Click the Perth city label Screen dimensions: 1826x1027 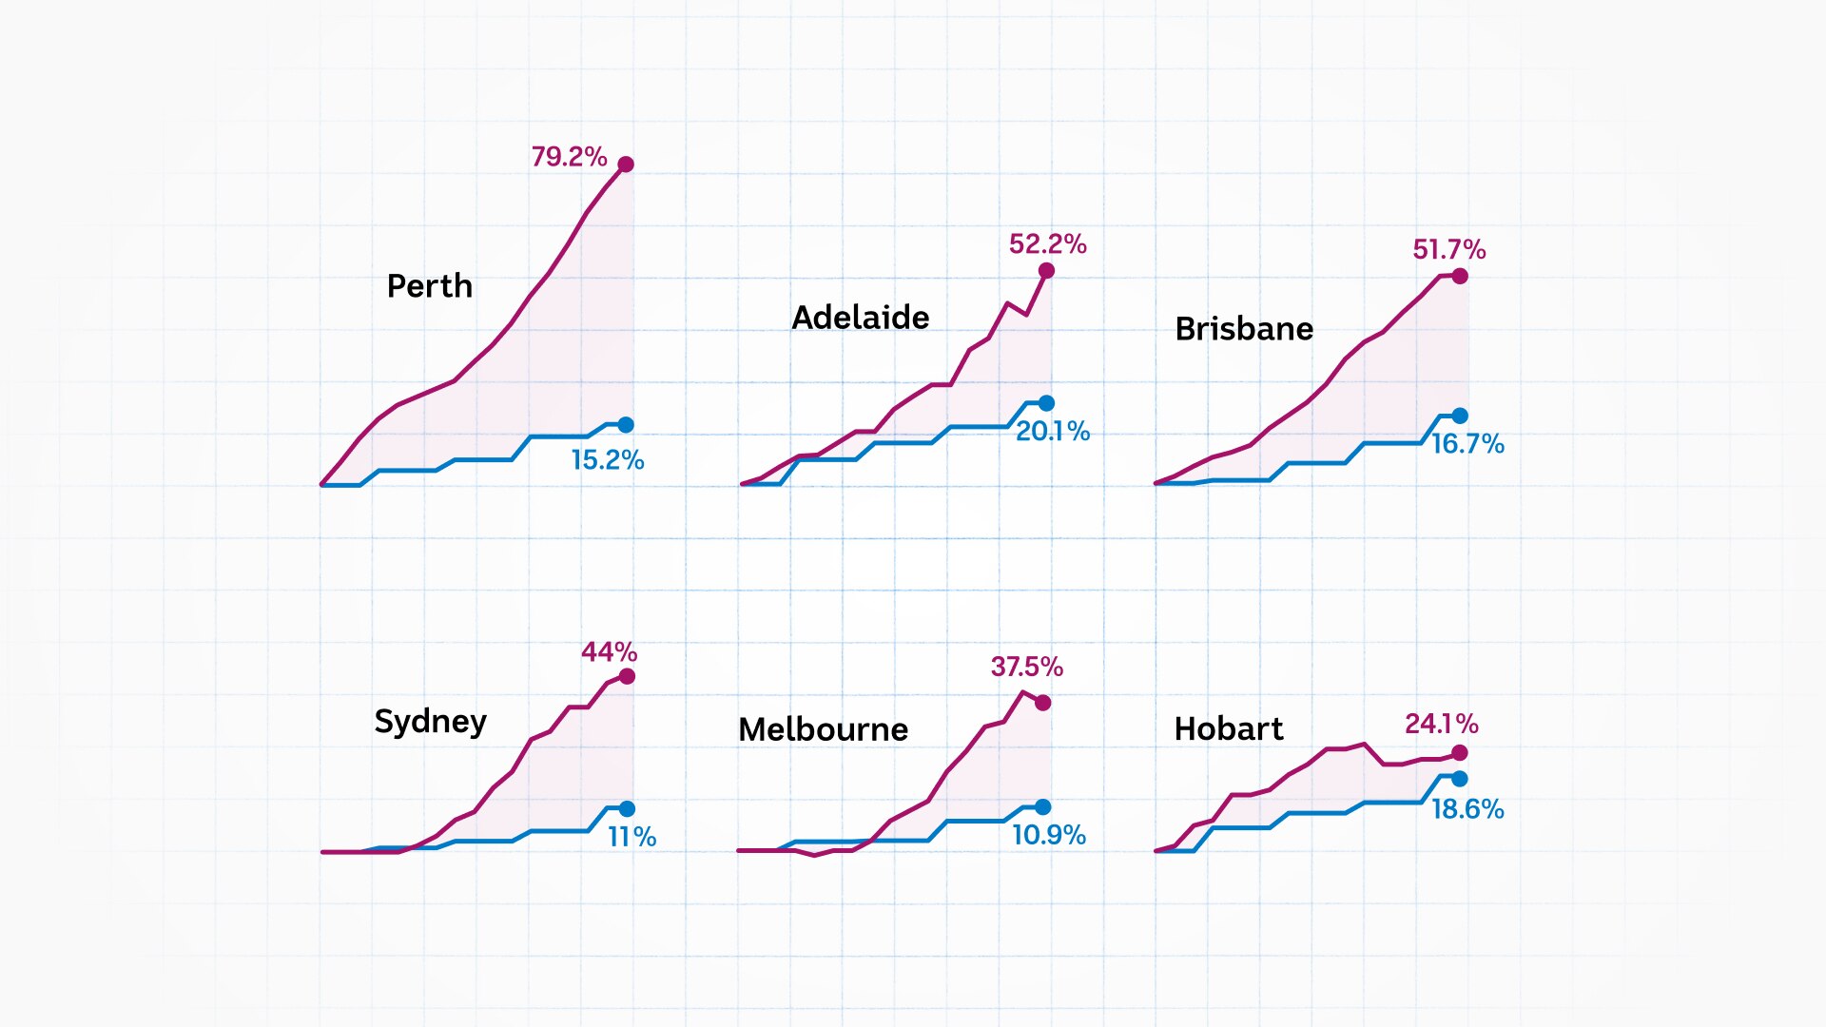coord(430,286)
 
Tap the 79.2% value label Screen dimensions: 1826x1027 coord(569,157)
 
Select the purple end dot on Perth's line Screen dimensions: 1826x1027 coord(626,165)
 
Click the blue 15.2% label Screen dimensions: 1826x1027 coord(608,460)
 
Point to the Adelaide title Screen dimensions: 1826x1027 coord(861,318)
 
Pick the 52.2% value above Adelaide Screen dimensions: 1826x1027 coord(1048,244)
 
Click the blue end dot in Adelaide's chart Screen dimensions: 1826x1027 coord(1047,403)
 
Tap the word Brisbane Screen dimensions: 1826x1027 coord(1244,329)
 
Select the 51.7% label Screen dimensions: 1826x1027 coord(1449,250)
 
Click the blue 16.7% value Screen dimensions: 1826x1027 coord(1468,444)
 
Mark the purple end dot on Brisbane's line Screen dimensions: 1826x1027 coord(1460,276)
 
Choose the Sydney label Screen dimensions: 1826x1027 coord(431,722)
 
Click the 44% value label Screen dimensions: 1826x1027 coord(610,652)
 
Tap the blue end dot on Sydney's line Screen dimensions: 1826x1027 coord(627,809)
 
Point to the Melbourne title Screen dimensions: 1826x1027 coord(824,729)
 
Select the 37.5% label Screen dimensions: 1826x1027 coord(1027,667)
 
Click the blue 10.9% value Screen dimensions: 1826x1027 coord(1049,835)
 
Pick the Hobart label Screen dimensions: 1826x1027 coord(1229,729)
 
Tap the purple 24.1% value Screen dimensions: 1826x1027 coord(1442,725)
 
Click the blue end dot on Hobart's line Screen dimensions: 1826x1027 coord(1460,779)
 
